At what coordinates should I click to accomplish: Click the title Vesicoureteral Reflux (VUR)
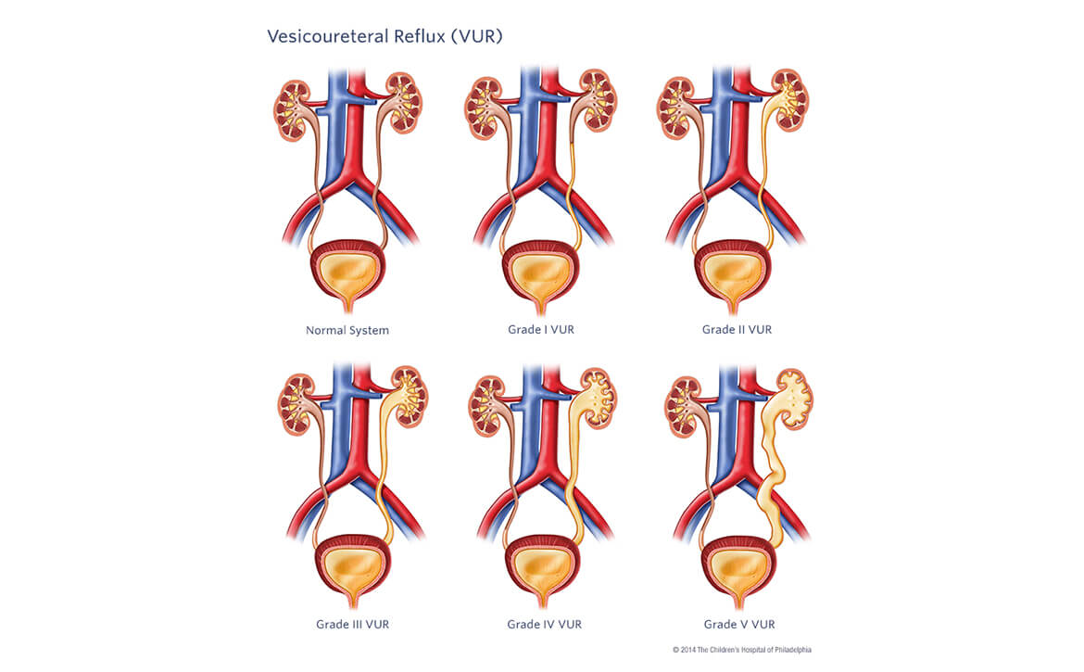tap(384, 36)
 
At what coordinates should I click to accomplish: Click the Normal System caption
tap(347, 330)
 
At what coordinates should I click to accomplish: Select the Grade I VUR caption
tap(541, 330)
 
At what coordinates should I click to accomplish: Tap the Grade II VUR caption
tap(737, 330)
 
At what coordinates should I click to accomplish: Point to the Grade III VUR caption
tap(352, 625)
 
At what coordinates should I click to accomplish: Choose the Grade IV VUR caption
tap(545, 625)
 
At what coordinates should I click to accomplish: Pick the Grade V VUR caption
tap(738, 625)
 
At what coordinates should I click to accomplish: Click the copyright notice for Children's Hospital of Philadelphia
tap(741, 650)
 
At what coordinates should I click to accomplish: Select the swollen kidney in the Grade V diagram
tap(793, 399)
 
